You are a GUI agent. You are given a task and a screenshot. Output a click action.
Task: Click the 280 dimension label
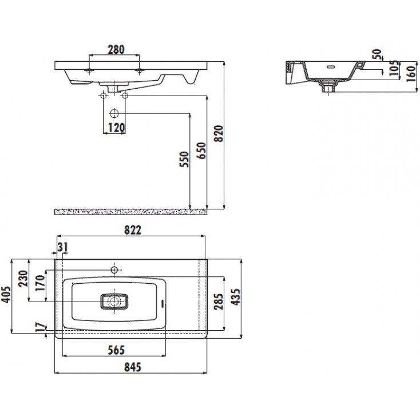(116, 50)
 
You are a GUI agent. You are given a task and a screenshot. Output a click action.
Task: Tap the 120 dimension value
(117, 128)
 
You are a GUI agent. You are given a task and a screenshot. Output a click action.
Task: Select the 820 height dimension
(219, 133)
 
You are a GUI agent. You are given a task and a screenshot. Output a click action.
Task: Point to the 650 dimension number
(201, 150)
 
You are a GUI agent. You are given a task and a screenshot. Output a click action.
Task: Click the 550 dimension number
(184, 159)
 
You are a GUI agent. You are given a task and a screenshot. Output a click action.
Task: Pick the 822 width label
(132, 230)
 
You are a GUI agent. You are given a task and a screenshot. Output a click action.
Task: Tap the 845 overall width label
(132, 367)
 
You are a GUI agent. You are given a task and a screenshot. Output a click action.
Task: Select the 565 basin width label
(116, 350)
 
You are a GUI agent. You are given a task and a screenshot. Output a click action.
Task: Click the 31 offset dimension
(63, 247)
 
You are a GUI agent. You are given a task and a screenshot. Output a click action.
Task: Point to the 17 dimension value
(41, 327)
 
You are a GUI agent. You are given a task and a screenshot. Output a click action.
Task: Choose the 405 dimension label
(6, 295)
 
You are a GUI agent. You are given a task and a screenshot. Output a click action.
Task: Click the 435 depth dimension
(236, 297)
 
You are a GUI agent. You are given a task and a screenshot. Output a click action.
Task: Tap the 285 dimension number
(219, 302)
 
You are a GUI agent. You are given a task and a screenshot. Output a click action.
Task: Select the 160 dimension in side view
(411, 74)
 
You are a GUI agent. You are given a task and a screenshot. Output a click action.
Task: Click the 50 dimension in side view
(377, 54)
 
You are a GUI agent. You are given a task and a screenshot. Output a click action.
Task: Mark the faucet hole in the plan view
(114, 270)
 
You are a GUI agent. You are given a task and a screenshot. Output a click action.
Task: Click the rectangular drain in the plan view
(114, 302)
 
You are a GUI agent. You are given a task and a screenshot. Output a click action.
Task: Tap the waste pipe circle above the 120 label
(114, 113)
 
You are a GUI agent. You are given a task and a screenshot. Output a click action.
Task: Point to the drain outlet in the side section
(328, 86)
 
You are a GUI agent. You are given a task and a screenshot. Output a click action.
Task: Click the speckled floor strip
(130, 212)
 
